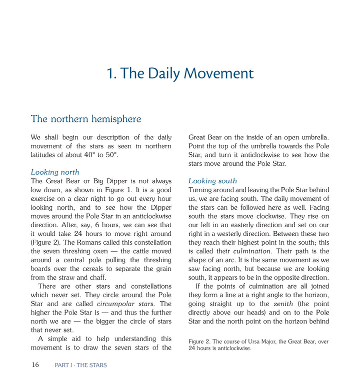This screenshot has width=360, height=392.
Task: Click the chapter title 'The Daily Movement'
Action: pyautogui.click(x=180, y=74)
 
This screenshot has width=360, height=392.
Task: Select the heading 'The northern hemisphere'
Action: pyautogui.click(x=86, y=119)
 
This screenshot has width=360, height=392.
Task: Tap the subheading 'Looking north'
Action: pyautogui.click(x=55, y=172)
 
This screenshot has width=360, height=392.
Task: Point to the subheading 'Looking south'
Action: pyautogui.click(x=212, y=181)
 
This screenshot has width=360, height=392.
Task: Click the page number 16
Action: pyautogui.click(x=35, y=365)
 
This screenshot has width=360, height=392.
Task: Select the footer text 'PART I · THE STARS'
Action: pyautogui.click(x=80, y=365)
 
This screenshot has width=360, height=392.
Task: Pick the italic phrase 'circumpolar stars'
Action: pyautogui.click(x=125, y=304)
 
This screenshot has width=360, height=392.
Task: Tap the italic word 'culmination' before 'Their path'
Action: pyautogui.click(x=252, y=251)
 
